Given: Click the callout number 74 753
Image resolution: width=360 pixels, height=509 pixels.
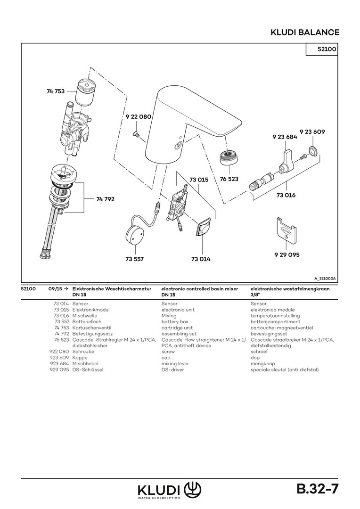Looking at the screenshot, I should coord(56,91).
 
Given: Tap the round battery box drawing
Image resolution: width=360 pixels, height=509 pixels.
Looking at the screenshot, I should coord(136,234).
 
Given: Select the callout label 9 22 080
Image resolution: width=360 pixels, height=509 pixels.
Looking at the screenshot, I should coord(138,116).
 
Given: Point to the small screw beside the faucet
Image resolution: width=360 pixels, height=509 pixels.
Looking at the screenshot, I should coord(135,136).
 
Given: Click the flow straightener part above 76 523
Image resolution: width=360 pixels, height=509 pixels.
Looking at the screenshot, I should coord(229,157).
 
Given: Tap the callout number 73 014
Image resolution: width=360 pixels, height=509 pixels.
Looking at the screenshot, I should coord(201,259).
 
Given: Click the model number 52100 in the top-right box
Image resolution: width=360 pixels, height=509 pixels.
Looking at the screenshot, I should coord(322,49).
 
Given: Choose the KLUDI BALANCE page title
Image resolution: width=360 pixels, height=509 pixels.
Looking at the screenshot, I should coord(304,32).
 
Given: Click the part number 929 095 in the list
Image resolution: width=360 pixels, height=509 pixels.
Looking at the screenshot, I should coord(59,369).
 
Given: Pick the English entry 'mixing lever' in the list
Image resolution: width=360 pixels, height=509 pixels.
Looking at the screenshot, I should coord(175,364).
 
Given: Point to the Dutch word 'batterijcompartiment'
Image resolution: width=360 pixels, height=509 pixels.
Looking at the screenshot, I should coord(275,321).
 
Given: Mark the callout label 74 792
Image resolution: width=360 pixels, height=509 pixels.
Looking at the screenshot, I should coord(106,199).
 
